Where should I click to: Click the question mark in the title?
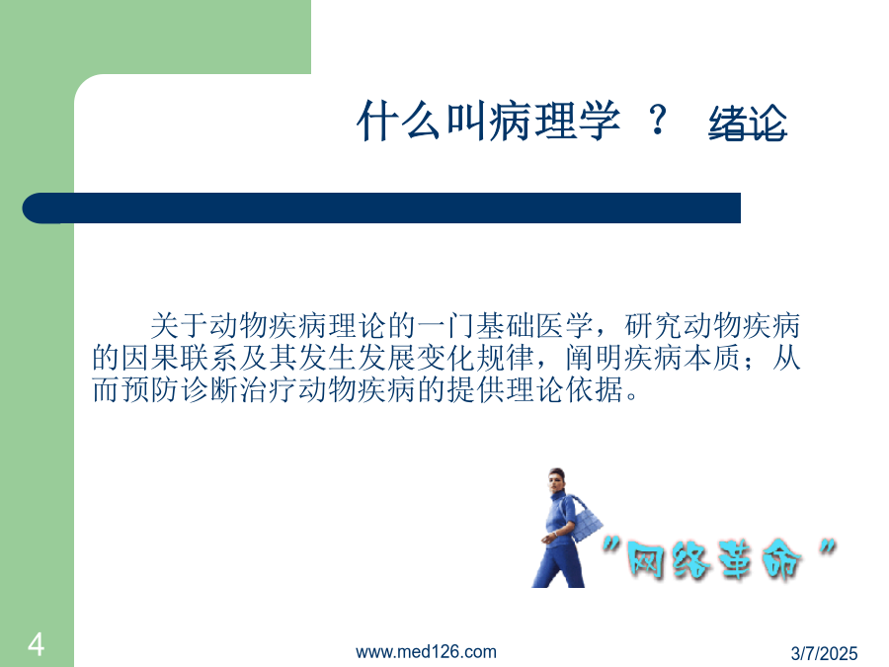click(x=658, y=120)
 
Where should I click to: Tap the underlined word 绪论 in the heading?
click(x=748, y=123)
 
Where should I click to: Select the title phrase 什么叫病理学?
click(x=489, y=121)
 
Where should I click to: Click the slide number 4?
click(x=36, y=644)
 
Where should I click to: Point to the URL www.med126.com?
click(x=426, y=652)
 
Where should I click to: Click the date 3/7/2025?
click(x=824, y=653)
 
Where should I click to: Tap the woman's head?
click(x=557, y=480)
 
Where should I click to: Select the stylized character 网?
click(x=645, y=560)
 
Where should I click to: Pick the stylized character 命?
click(x=780, y=560)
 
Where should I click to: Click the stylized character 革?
click(x=735, y=559)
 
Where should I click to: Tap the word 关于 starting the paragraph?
click(x=179, y=325)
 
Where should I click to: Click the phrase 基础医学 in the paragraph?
click(x=534, y=325)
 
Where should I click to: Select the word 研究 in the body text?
click(x=653, y=325)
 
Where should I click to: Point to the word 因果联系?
click(x=180, y=358)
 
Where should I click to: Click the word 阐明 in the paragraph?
click(x=595, y=358)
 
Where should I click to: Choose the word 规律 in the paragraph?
click(x=505, y=358)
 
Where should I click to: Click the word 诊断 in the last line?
click(x=209, y=389)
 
